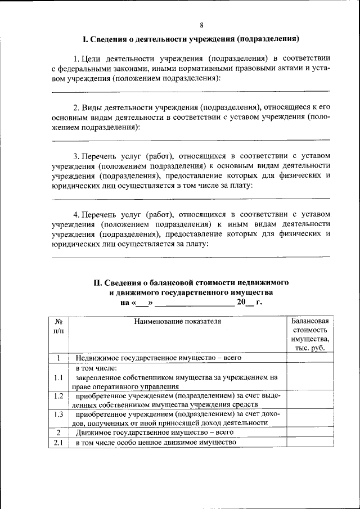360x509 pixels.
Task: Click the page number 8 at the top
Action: click(201, 24)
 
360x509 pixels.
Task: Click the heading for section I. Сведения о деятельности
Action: click(190, 39)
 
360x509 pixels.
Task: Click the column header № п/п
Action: click(58, 326)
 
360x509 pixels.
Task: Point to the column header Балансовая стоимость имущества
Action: click(310, 335)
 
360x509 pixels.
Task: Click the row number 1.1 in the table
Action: click(58, 378)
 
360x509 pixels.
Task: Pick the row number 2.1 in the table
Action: click(58, 443)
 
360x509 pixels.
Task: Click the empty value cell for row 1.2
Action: click(310, 400)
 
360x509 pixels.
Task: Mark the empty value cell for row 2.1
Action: click(310, 443)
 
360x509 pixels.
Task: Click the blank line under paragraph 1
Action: click(191, 90)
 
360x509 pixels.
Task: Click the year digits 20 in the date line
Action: click(241, 303)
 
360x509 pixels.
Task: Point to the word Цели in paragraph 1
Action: click(91, 58)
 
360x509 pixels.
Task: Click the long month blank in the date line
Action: click(194, 304)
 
